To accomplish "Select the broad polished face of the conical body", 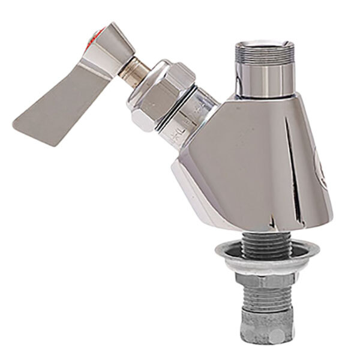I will pos(240,162).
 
